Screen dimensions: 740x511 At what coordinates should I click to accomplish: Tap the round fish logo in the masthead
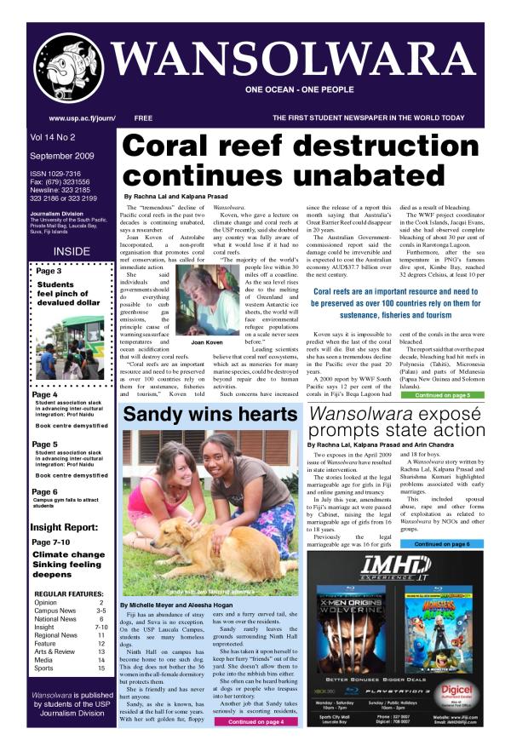[x=66, y=67]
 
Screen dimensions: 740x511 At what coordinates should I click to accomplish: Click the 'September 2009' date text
[x=61, y=157]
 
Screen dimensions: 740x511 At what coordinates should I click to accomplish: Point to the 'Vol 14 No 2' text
[x=55, y=136]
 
